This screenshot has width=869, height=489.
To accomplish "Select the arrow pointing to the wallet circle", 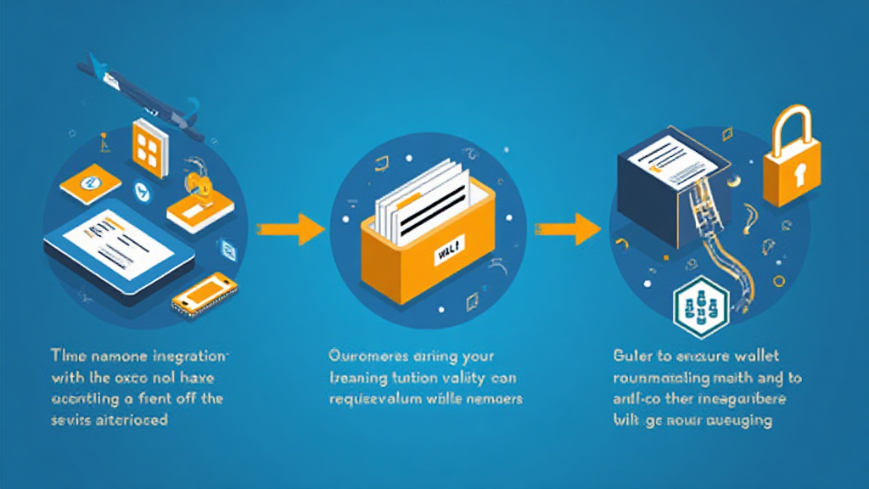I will pos(289,228).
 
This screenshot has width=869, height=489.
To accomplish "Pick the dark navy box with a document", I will pos(670,191).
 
